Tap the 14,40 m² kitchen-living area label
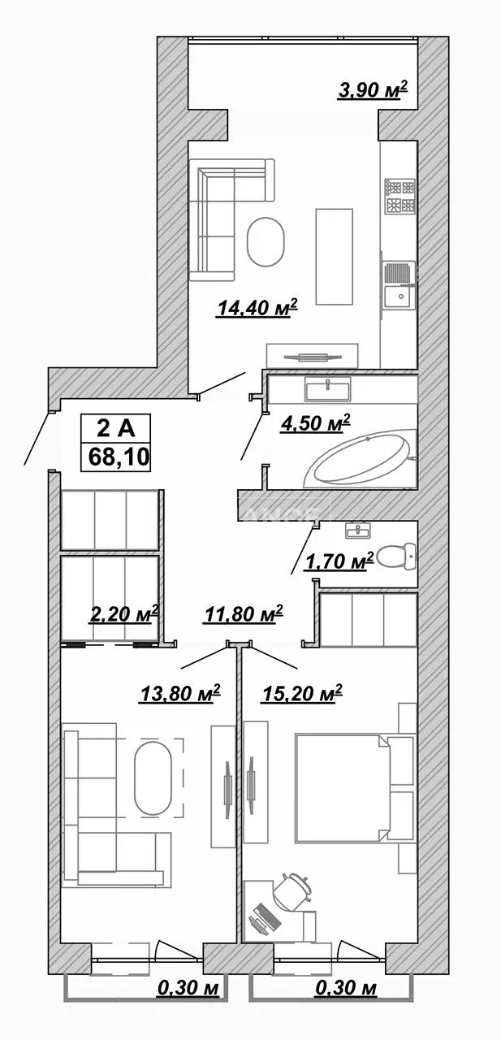tap(257, 308)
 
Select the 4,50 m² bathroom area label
tap(315, 424)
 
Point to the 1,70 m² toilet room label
tap(339, 561)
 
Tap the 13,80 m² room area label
tap(179, 694)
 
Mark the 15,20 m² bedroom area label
tap(302, 694)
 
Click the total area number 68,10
tap(119, 457)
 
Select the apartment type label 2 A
tap(115, 428)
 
